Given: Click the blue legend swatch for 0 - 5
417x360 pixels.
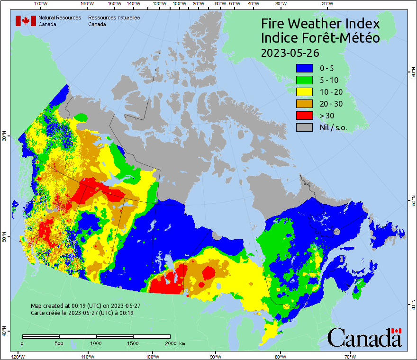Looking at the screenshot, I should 304,68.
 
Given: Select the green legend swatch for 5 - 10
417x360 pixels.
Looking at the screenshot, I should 304,80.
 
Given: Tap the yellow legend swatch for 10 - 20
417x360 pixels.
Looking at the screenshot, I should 304,92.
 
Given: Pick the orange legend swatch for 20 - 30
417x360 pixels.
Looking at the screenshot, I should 304,104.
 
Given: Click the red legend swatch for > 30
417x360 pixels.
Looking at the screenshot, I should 304,116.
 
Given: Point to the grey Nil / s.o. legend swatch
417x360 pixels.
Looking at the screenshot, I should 304,127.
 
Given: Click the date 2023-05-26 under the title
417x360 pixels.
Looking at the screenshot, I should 290,52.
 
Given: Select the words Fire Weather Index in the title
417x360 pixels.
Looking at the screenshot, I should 320,24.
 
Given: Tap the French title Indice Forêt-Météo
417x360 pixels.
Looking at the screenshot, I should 320,38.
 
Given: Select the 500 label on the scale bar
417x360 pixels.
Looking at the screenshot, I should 59,343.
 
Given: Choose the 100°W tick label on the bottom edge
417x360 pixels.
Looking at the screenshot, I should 152,356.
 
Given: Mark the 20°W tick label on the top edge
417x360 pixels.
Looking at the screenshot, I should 326,3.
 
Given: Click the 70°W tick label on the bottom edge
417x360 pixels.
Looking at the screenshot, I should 350,356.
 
